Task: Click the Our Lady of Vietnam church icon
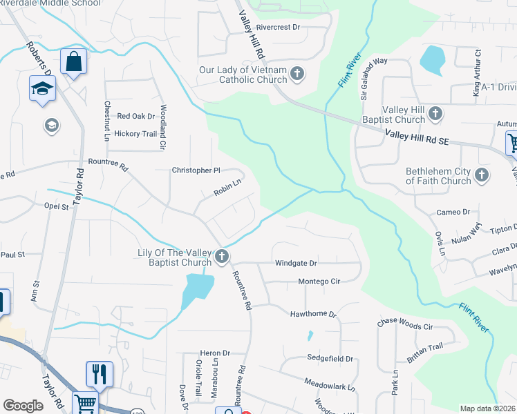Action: [297, 73]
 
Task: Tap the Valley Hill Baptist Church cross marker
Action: [435, 113]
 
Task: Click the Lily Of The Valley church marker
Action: [222, 257]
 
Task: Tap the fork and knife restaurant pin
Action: [99, 373]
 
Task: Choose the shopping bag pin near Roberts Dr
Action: [73, 62]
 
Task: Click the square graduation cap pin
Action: [42, 89]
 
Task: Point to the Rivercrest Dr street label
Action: [278, 28]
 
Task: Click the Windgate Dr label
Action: [295, 263]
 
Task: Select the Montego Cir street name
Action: [319, 282]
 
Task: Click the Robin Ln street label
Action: [227, 187]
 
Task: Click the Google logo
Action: [23, 406]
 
